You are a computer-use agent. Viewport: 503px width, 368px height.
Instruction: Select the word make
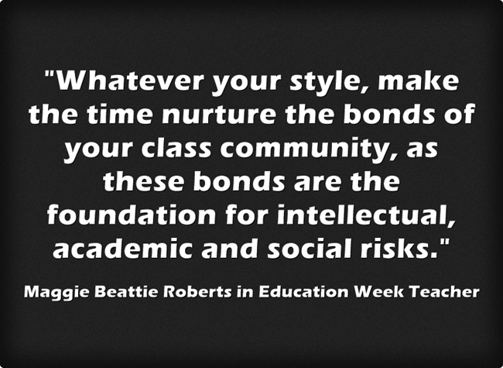[419, 81]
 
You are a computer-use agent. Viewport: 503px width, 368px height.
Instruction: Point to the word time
[119, 115]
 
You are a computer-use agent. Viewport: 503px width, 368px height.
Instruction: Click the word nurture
[219, 115]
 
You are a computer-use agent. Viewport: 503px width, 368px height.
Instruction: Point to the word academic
[123, 248]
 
